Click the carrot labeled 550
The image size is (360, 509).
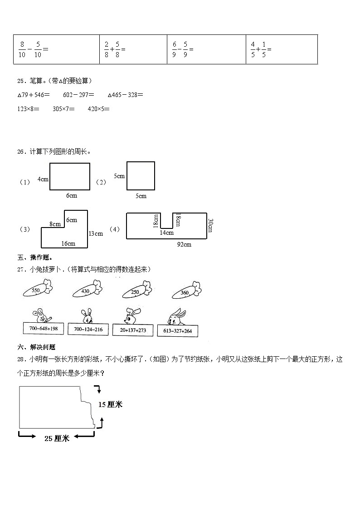click(38, 289)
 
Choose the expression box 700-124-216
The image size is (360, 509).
click(88, 329)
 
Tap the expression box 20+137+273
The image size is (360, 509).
click(132, 330)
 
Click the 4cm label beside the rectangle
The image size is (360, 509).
click(43, 179)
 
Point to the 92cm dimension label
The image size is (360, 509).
click(184, 245)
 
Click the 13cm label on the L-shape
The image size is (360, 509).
click(96, 233)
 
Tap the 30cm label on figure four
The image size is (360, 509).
click(210, 225)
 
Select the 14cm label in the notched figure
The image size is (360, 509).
click(166, 233)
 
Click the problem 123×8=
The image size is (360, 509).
click(28, 109)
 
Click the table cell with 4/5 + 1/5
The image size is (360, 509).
click(282, 49)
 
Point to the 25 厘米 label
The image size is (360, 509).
click(57, 438)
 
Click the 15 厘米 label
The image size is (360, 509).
click(110, 404)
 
